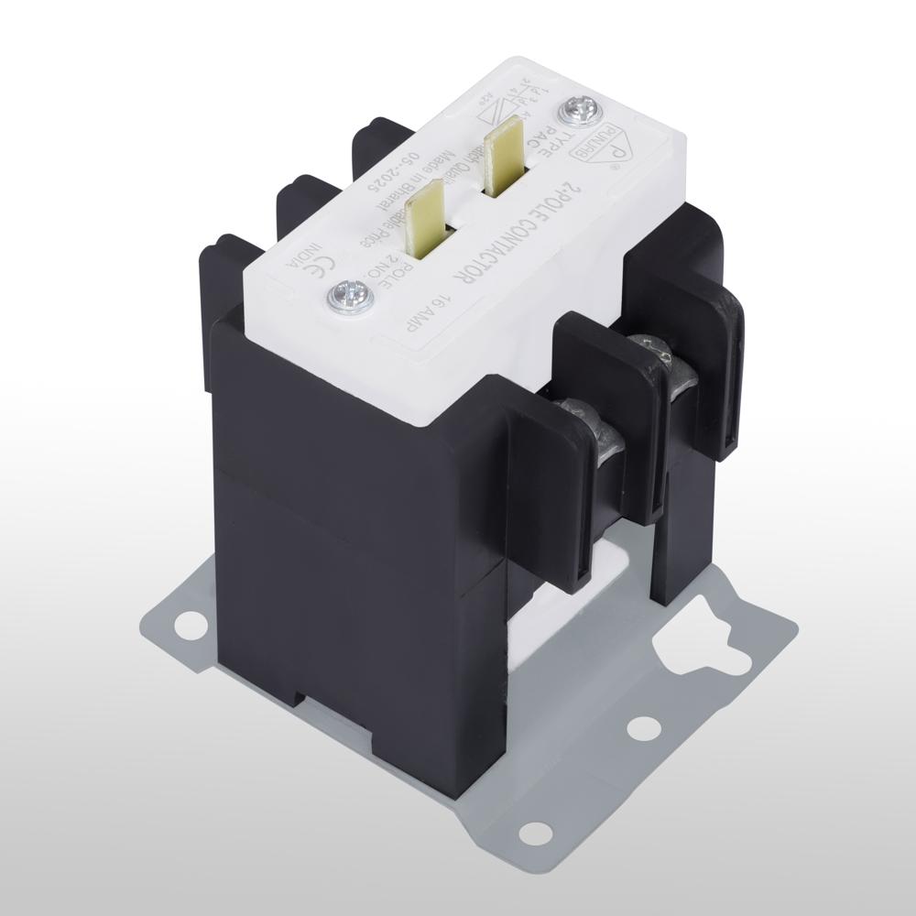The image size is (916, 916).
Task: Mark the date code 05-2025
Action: [370, 174]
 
